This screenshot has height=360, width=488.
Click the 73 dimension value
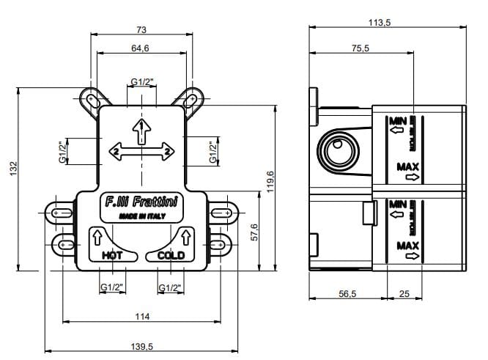(141, 29)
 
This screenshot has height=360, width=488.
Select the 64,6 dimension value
(141, 48)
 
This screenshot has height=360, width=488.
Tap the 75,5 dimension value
(360, 48)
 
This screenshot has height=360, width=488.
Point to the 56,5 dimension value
(348, 293)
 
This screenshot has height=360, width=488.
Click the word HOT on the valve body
(111, 256)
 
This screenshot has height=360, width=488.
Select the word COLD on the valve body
(171, 256)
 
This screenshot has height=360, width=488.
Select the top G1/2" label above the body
(141, 81)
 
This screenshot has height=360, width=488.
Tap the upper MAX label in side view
(407, 166)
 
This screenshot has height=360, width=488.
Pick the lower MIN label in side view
(398, 202)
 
